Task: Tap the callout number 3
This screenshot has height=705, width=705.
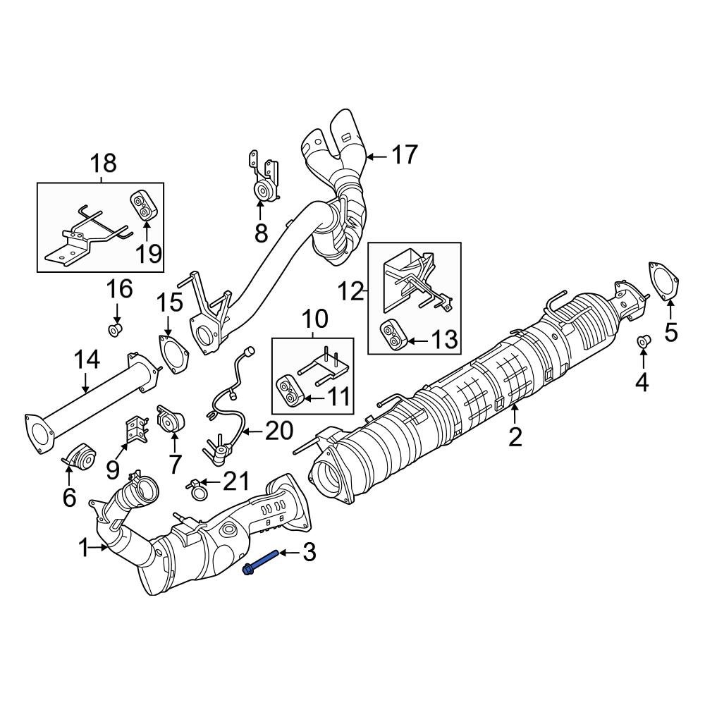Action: click(x=309, y=553)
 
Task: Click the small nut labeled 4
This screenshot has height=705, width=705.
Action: click(x=643, y=342)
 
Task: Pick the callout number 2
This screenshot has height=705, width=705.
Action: click(x=515, y=436)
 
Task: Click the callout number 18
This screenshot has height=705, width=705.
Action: click(x=103, y=164)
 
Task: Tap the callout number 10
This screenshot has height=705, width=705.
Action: click(x=315, y=319)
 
